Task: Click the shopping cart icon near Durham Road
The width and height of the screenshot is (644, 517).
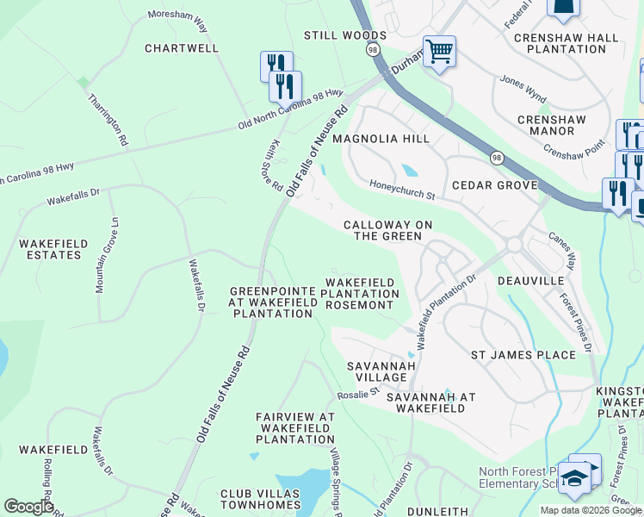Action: [439, 52]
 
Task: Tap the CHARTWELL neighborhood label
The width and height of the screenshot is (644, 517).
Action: [182, 48]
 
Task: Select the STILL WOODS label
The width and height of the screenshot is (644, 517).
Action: [344, 35]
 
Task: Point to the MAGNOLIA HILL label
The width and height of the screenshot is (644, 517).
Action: [381, 139]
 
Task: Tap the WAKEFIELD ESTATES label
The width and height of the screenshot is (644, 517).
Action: [53, 250]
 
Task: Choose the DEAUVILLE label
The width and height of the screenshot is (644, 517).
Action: [530, 281]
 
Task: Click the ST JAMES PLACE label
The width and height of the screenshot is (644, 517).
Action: [523, 355]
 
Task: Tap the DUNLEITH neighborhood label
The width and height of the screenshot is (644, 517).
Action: [437, 511]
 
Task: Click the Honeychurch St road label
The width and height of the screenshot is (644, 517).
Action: [403, 189]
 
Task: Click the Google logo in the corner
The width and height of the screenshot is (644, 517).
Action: [28, 507]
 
